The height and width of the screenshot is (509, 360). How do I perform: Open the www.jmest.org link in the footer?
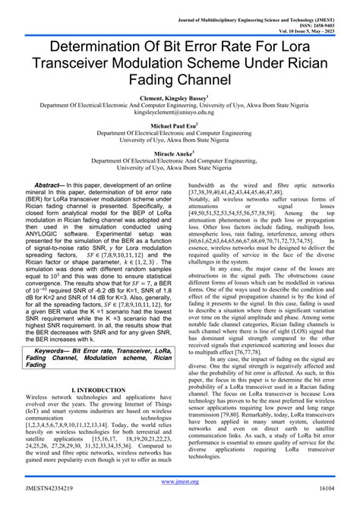point(180,481)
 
